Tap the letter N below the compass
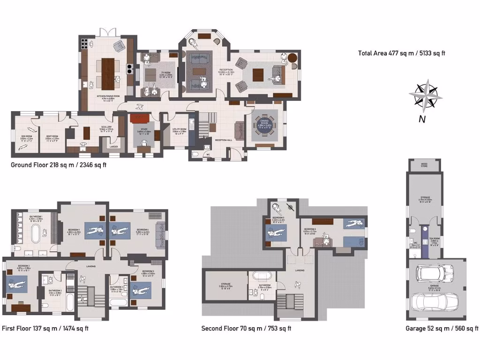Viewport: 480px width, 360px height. [x=422, y=119]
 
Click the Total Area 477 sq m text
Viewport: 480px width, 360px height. [x=401, y=53]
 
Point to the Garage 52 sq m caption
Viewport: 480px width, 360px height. [x=442, y=329]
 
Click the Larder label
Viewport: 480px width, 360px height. [x=113, y=147]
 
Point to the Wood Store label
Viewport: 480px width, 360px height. [x=424, y=165]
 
